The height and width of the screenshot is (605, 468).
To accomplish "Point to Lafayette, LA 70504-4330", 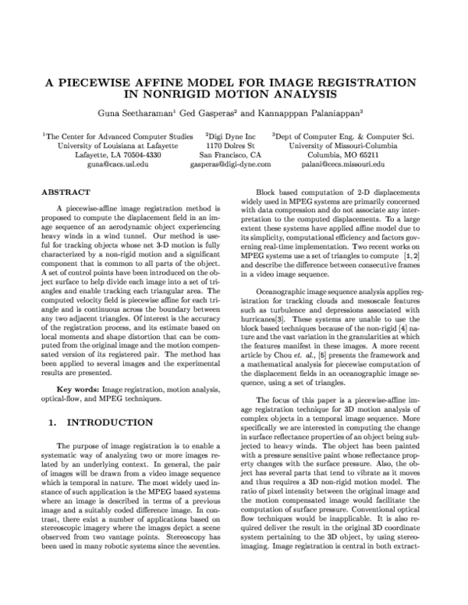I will coord(115,155).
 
